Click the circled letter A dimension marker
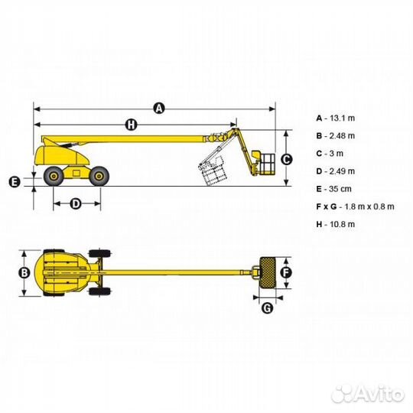159,109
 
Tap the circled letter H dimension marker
132,125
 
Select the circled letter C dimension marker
286,160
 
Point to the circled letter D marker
76,203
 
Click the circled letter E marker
15,182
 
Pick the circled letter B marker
24,273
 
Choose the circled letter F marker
286,273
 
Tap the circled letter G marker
268,308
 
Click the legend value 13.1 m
342,119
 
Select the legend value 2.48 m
342,136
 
